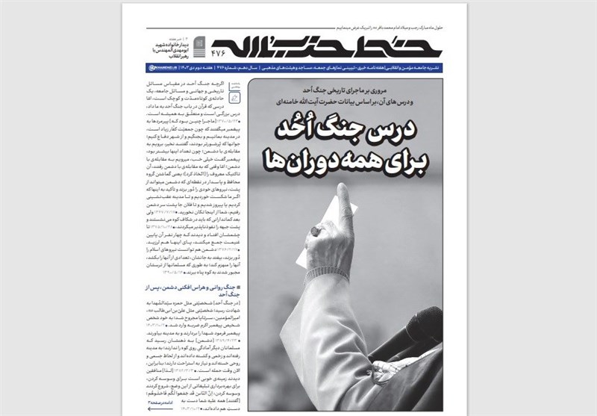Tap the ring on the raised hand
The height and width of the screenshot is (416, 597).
tap(316, 232)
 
